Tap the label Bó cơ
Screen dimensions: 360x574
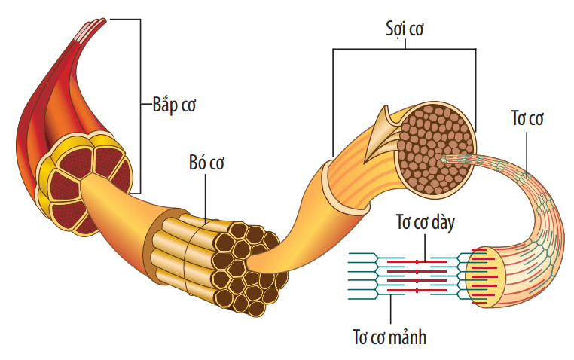tap(206, 163)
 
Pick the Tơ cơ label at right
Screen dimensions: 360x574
tap(527, 118)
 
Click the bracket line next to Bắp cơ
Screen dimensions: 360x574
tap(139, 105)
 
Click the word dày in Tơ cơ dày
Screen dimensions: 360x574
tap(441, 224)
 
